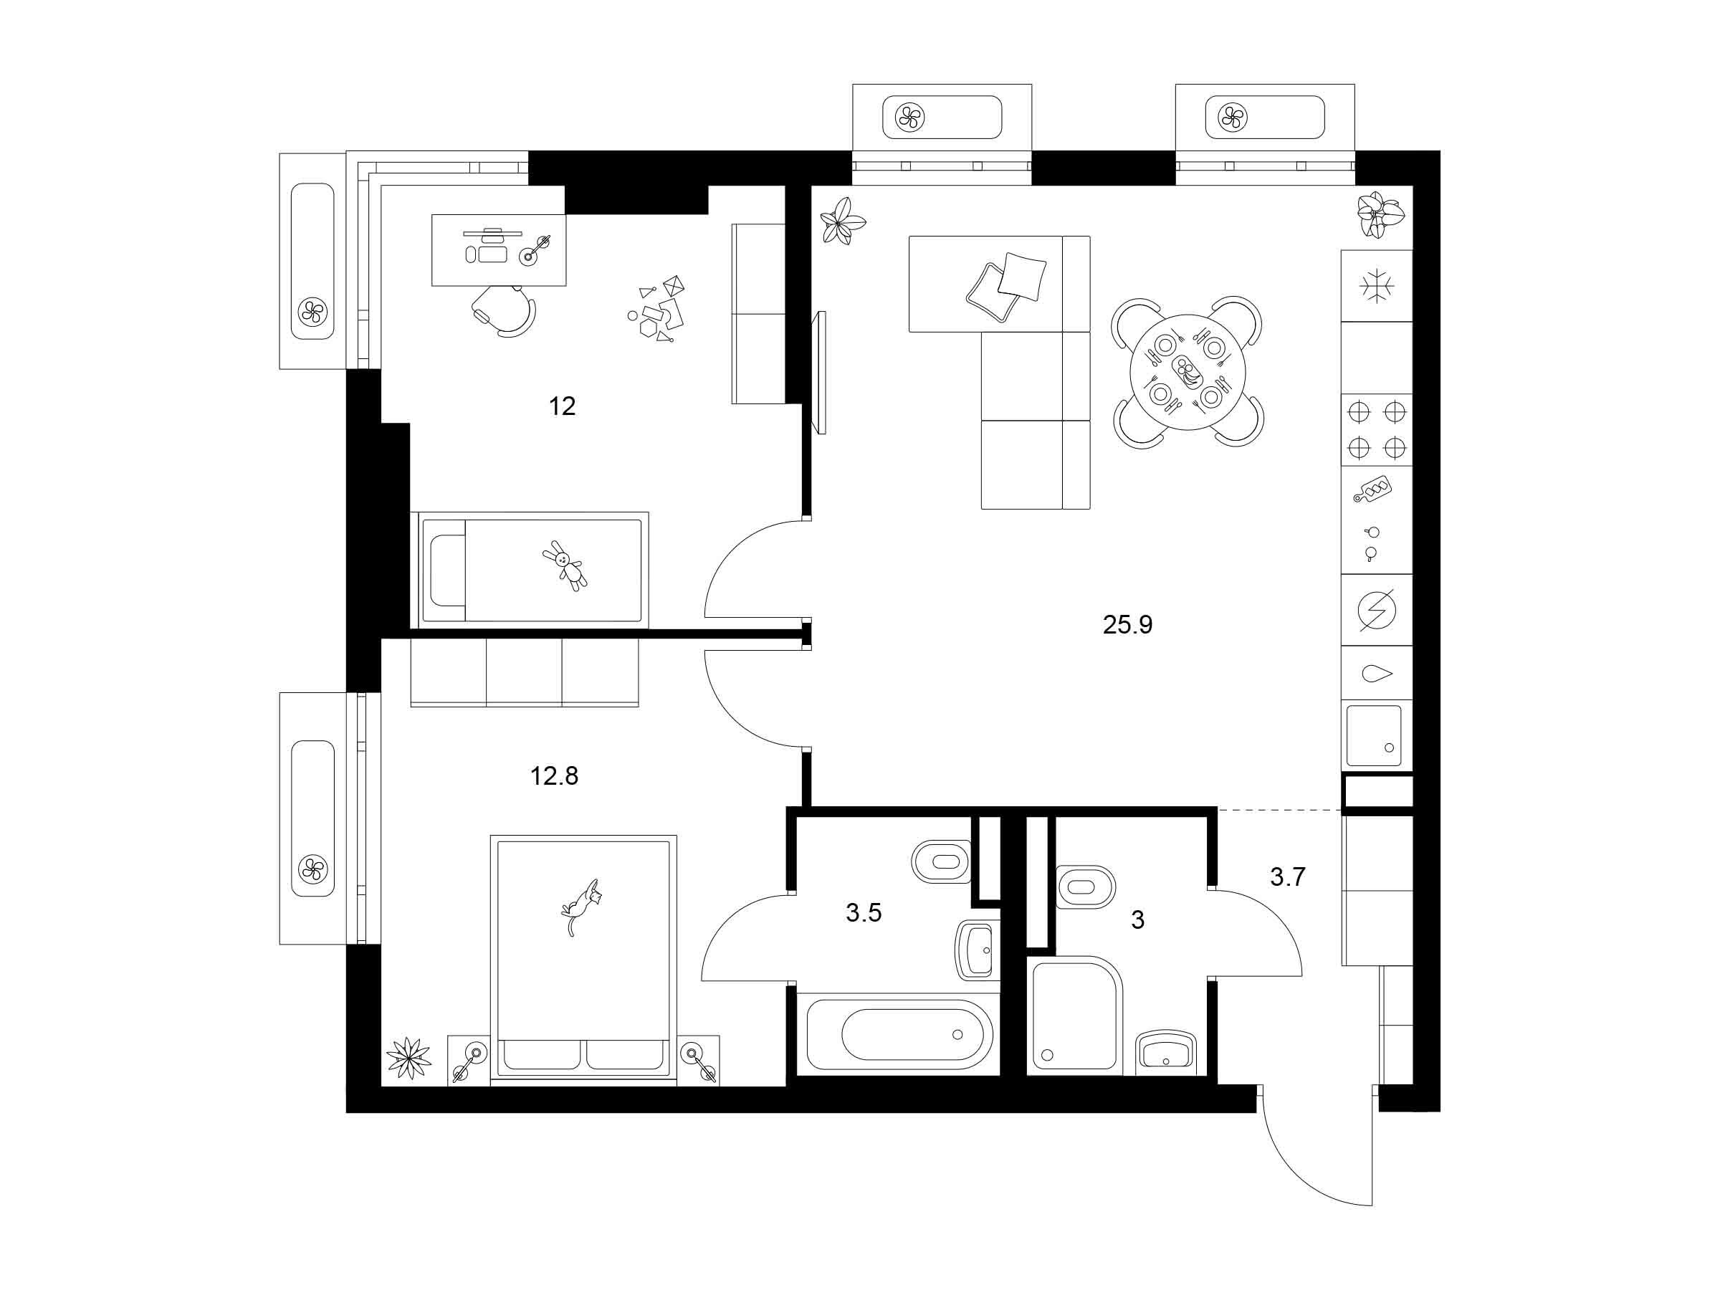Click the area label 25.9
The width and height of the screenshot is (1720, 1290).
point(1127,624)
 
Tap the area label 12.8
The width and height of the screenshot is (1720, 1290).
point(555,776)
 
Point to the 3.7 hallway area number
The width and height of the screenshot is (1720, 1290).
point(1288,877)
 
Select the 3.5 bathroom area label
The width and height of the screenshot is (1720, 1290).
point(864,913)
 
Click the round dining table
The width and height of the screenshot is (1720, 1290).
point(1188,373)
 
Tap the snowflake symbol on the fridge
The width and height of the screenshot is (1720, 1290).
point(1376,285)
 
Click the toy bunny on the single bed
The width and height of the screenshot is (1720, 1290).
point(565,565)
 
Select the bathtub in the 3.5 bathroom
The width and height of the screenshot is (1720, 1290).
point(899,1034)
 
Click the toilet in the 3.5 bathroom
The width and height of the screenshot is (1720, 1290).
point(941,861)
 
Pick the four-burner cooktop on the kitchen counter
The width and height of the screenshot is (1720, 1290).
point(1376,429)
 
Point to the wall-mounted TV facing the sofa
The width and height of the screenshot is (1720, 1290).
point(820,373)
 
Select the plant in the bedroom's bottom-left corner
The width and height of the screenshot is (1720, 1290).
point(409,1059)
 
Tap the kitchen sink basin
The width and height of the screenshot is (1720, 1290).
point(1373,735)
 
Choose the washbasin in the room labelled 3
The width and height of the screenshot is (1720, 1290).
point(1164,1052)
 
